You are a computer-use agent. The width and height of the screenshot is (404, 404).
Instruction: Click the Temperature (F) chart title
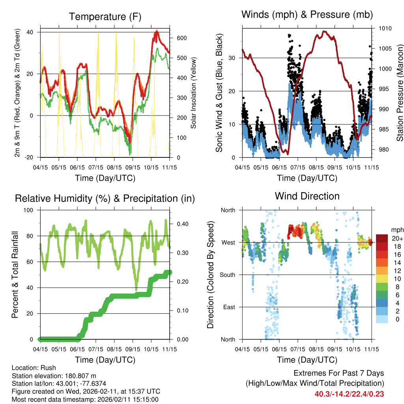(105, 17)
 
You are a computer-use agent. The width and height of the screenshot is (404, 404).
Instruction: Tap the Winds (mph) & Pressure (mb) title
(307, 15)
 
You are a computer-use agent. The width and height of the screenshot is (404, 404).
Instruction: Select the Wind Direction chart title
(307, 196)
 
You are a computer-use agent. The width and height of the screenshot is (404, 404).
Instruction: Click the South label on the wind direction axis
(228, 275)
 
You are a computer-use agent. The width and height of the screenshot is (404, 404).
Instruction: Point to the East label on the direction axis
(229, 307)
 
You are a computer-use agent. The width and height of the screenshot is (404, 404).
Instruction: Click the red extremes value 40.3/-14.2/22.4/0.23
(349, 394)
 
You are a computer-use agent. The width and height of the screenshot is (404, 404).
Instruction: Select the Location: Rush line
(34, 368)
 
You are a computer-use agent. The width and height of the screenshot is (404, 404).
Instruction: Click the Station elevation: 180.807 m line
(54, 376)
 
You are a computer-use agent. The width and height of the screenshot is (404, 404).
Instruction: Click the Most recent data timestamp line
(85, 399)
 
